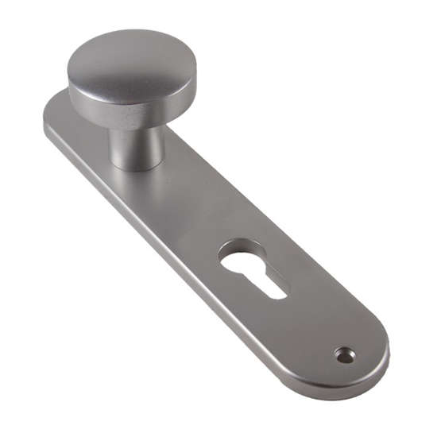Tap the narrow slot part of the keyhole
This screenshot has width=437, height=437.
pyautogui.click(x=266, y=282)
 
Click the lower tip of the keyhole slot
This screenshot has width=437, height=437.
pyautogui.click(x=279, y=294)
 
